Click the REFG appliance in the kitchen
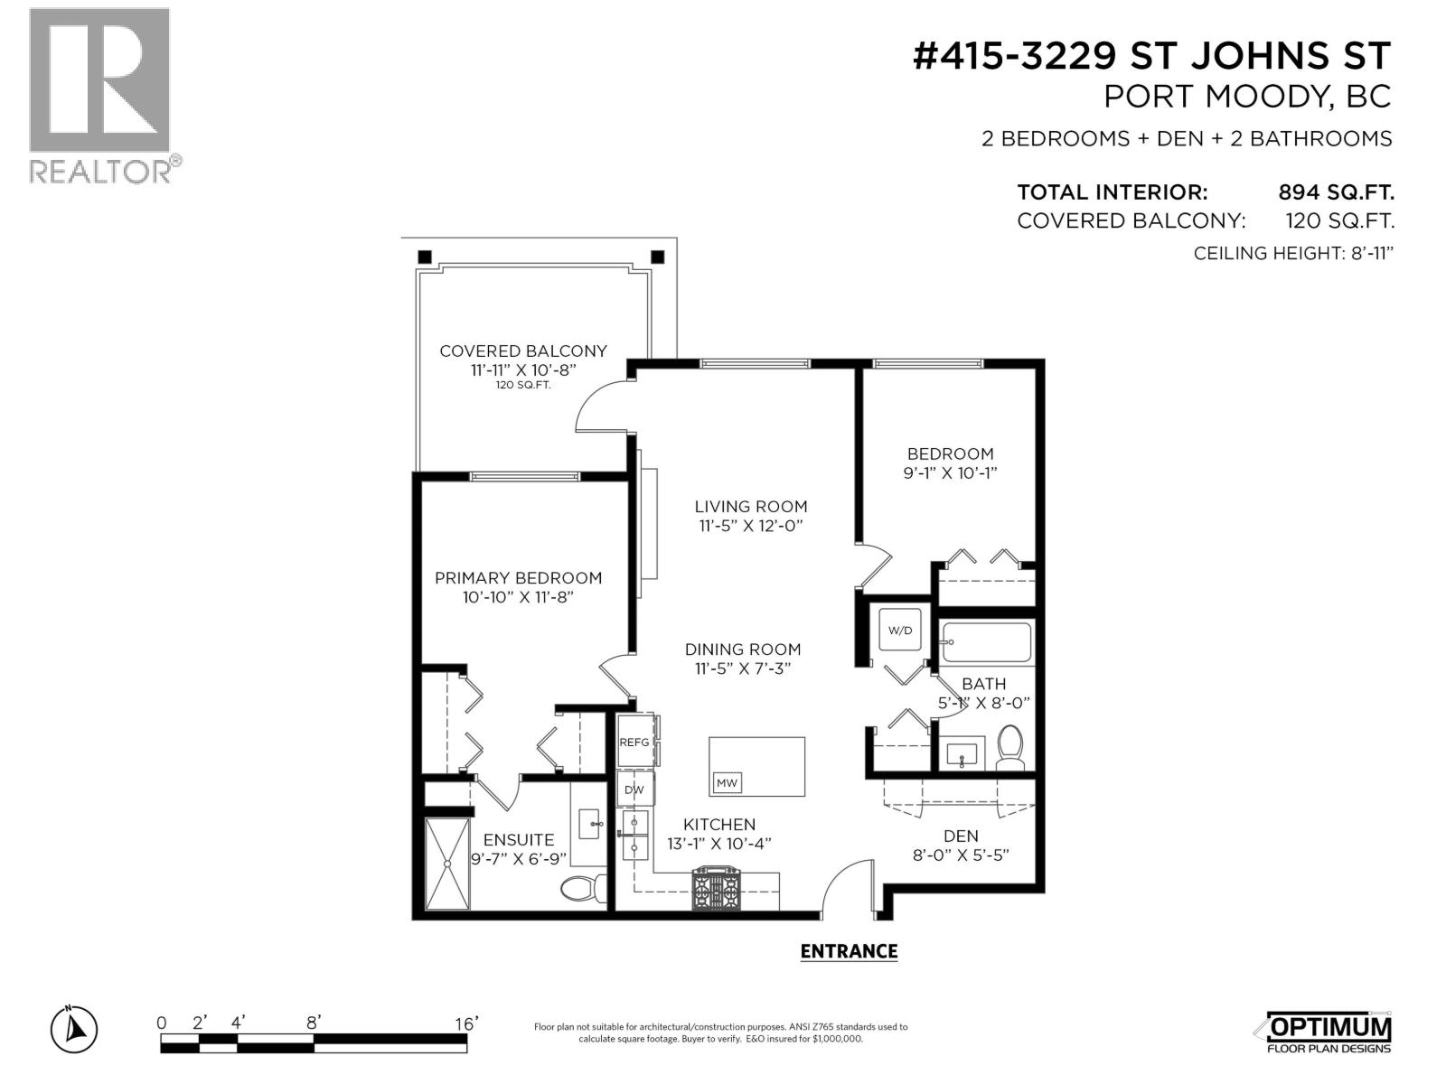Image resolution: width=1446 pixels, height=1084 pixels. [x=635, y=741]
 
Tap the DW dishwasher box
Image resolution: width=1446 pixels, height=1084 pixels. [x=634, y=790]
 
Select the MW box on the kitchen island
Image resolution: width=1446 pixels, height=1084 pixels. [x=727, y=783]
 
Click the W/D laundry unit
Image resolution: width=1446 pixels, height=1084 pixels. [x=900, y=630]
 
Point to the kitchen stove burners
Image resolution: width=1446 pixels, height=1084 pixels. [x=715, y=889]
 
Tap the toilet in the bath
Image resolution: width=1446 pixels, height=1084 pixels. [x=1010, y=748]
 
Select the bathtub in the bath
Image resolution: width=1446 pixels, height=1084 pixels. [x=986, y=643]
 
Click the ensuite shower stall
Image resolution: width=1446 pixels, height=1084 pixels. [x=448, y=863]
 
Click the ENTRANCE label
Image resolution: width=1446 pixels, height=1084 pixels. [x=849, y=951]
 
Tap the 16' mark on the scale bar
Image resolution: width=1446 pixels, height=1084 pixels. [x=466, y=1023]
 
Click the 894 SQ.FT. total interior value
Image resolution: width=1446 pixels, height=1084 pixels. [x=1336, y=192]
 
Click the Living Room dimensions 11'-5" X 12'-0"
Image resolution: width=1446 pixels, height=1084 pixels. [x=751, y=526]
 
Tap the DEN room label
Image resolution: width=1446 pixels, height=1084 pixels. [x=960, y=836]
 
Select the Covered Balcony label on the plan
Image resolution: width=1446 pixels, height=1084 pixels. [x=522, y=350]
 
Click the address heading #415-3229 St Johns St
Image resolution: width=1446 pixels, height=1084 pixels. [x=1151, y=56]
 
